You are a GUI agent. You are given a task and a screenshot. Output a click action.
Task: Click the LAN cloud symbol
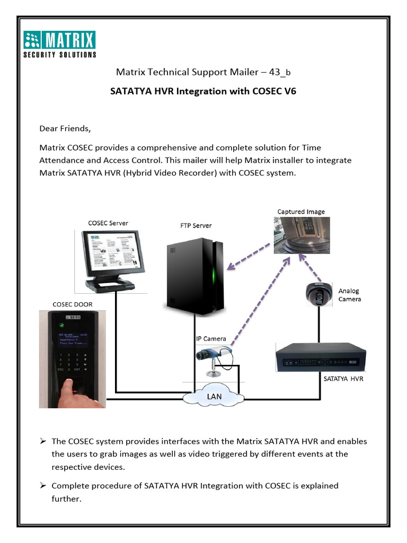[214, 396]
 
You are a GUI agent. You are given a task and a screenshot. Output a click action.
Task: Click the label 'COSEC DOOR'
[72, 304]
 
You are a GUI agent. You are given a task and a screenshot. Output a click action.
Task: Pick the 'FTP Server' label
[196, 225]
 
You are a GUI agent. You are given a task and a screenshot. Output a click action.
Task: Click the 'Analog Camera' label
[349, 295]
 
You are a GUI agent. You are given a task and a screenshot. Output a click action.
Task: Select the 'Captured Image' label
[301, 212]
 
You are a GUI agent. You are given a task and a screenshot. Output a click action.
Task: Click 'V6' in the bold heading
[290, 91]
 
